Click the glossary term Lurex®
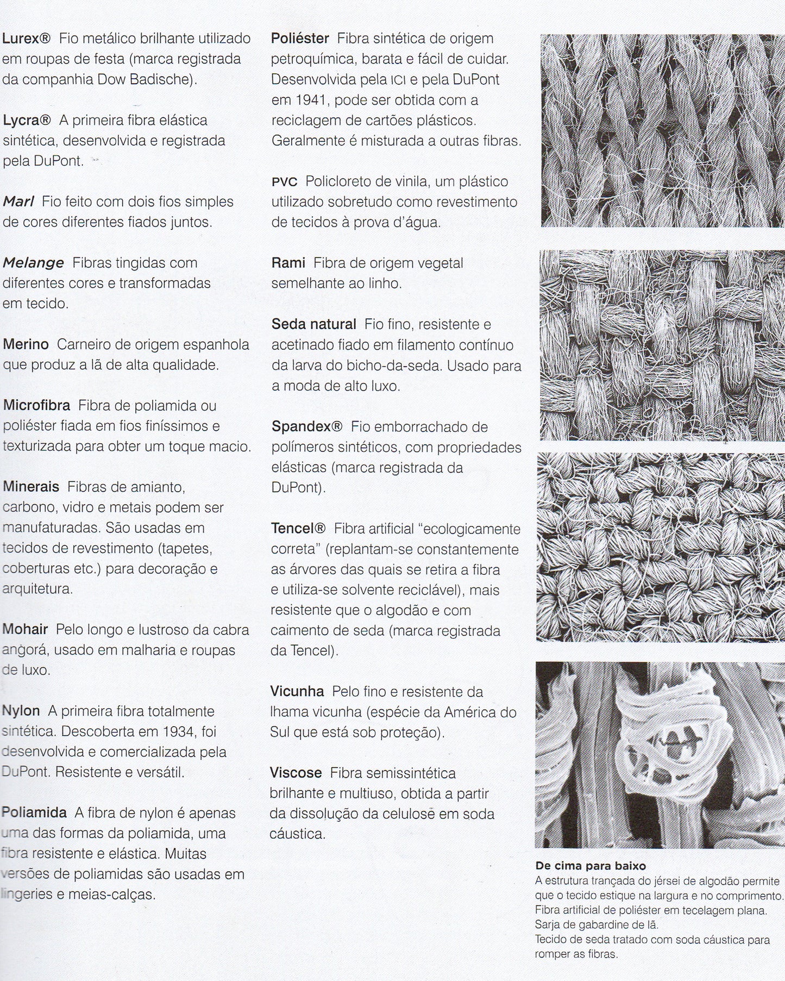(27, 39)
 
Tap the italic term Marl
(18, 202)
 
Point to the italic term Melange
(33, 263)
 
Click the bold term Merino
(26, 344)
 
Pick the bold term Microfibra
(36, 405)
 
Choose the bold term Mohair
(26, 630)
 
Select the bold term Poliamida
(34, 813)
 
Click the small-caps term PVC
(284, 181)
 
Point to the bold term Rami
(288, 263)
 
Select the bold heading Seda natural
(314, 324)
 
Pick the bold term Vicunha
(297, 691)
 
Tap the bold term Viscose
(296, 773)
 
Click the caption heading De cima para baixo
(591, 866)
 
